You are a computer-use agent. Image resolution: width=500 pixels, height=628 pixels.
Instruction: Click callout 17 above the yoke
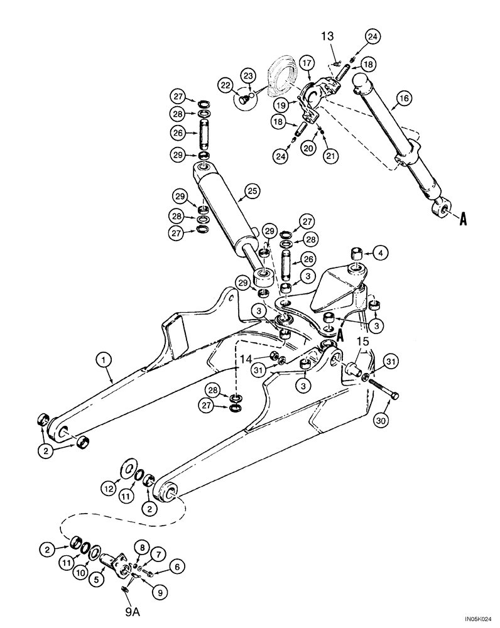307,63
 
